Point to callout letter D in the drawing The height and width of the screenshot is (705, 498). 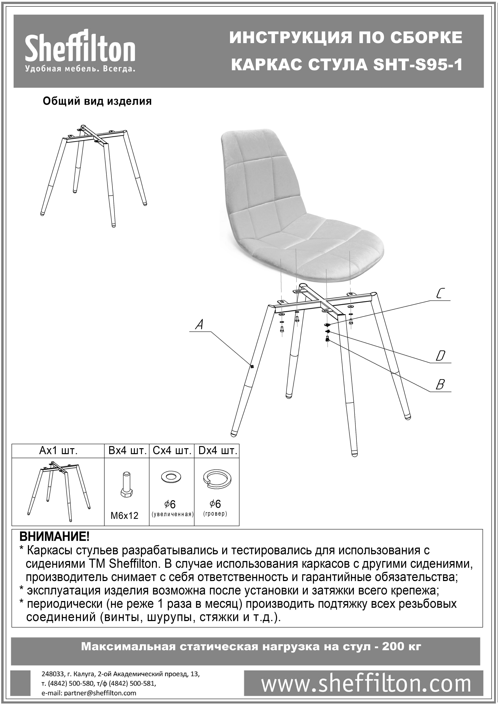pos(440,356)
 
